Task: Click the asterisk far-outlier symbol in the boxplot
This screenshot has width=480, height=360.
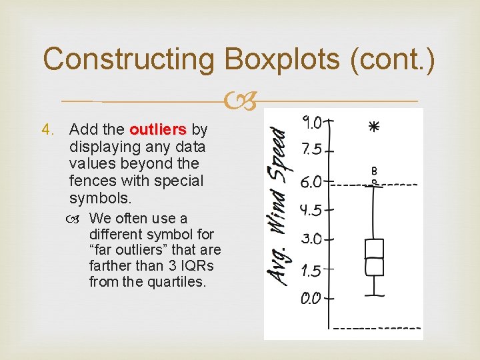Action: click(373, 126)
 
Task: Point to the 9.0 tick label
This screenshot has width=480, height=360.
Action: click(312, 122)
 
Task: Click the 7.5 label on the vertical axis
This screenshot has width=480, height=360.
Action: click(312, 149)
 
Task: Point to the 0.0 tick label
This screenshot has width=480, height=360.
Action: click(311, 298)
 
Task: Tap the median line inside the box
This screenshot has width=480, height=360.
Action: click(374, 258)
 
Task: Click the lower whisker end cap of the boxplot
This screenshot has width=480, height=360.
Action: click(374, 294)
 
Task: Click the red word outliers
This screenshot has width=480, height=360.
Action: click(160, 129)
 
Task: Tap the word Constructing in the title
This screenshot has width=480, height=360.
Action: click(128, 59)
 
